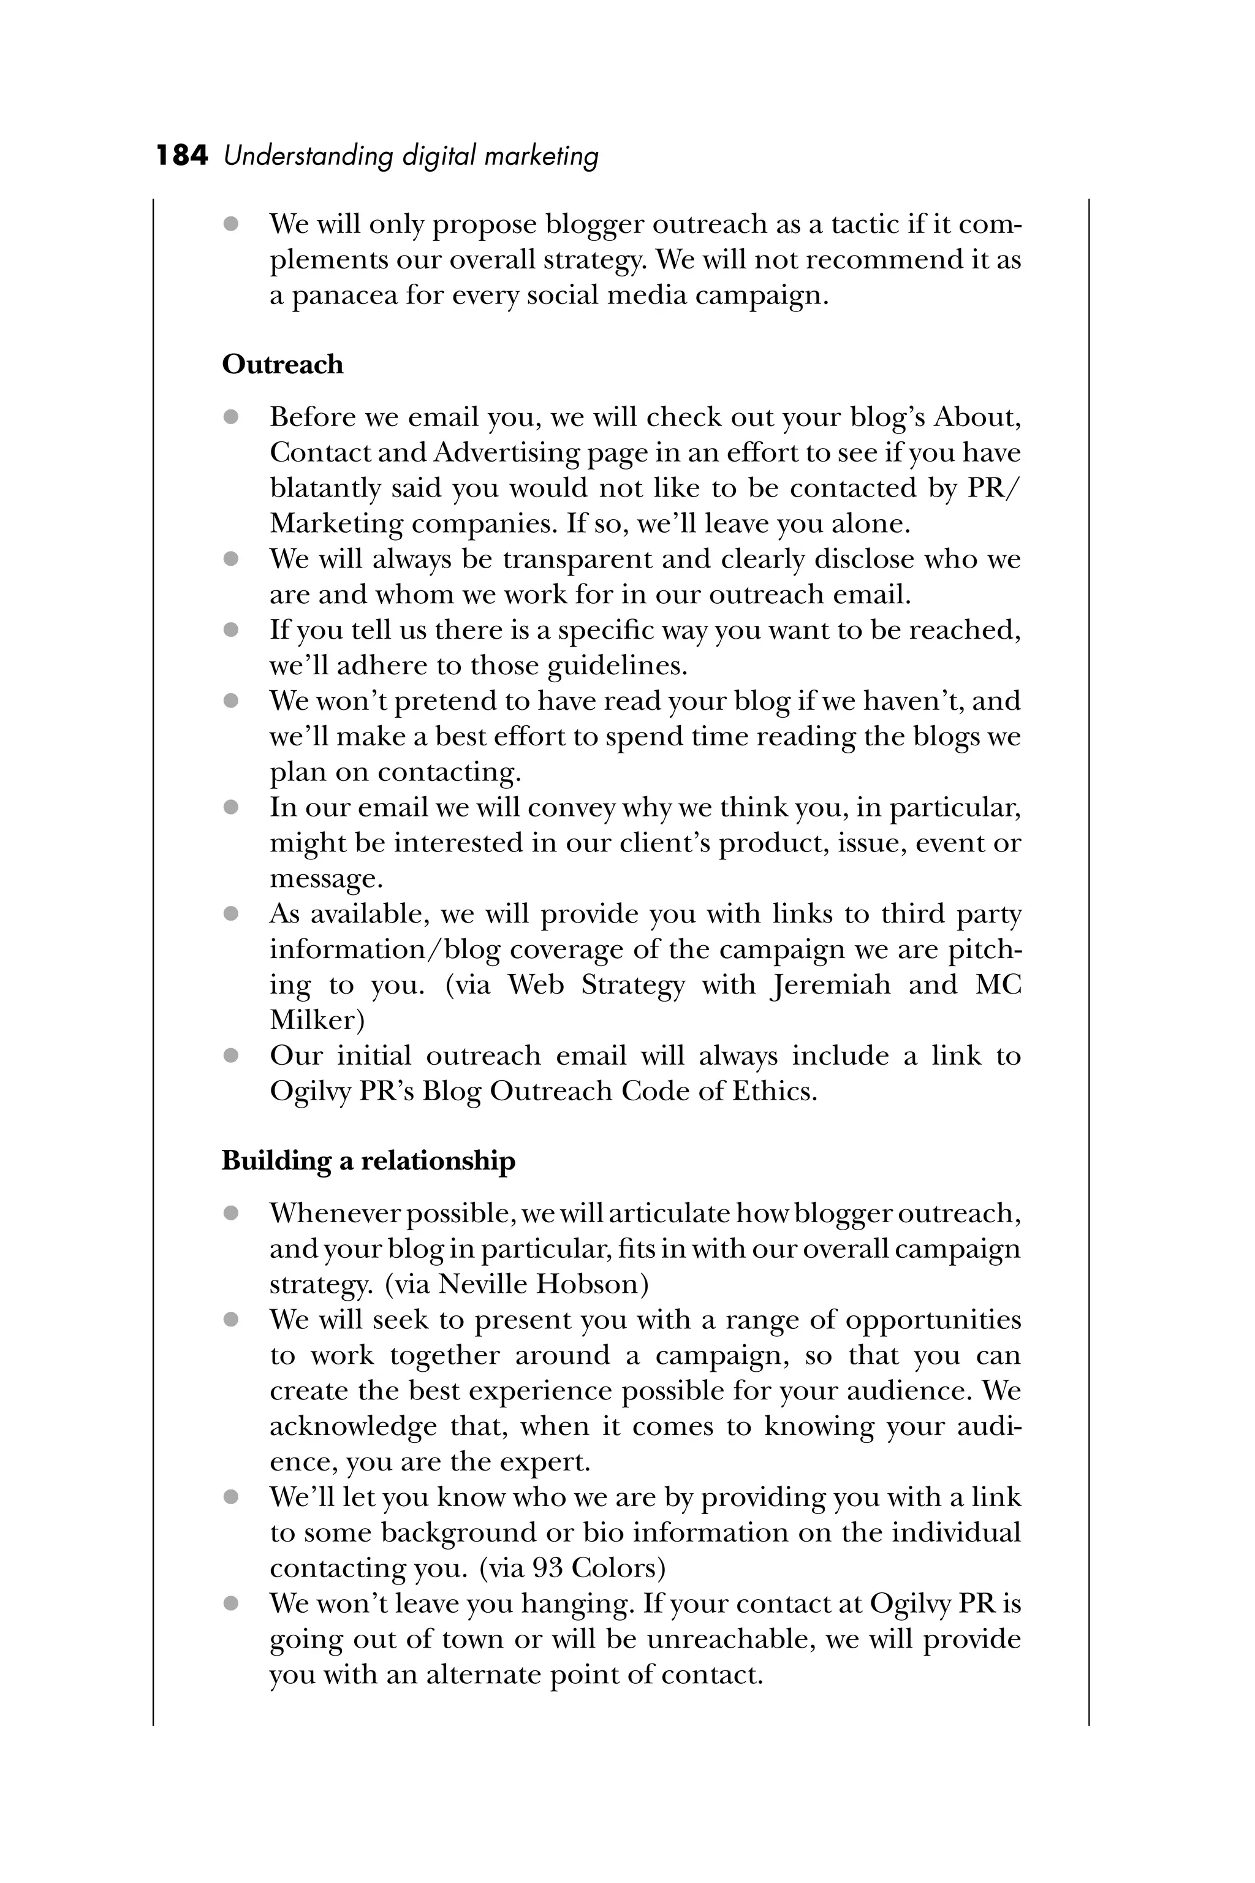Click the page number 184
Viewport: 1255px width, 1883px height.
click(181, 155)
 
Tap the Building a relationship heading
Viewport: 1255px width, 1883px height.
click(368, 1161)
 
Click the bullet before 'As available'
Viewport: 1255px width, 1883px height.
click(231, 913)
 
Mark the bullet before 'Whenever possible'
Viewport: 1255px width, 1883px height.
click(231, 1214)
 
